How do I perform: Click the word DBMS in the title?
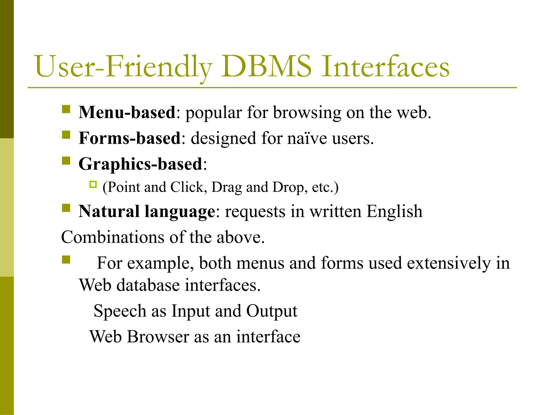coord(266,66)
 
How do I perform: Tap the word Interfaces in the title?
coord(385,66)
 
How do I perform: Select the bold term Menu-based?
coord(127,112)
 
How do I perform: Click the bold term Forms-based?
coord(130,138)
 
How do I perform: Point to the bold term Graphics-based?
coord(140,164)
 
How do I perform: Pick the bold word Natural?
coord(109,211)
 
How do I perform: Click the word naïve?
coord(307,138)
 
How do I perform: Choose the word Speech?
coord(120,311)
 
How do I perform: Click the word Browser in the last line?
coord(158,337)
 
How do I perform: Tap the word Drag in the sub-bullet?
coord(226,187)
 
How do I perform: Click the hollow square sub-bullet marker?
coord(93,185)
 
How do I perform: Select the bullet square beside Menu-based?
coord(66,109)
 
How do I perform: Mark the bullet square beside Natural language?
coord(66,208)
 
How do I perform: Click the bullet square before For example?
coord(66,260)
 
